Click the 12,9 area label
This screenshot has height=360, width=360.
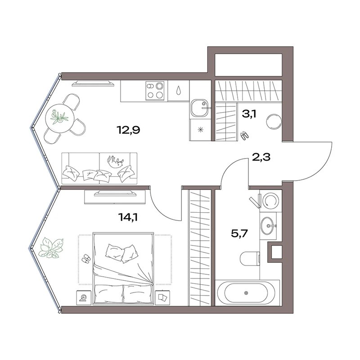coord(128,130)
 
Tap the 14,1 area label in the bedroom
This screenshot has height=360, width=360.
coord(128,217)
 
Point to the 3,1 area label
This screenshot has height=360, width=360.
coord(249,114)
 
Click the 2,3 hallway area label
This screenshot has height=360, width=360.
coord(261,157)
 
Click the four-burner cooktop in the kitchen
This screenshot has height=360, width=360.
coord(155,91)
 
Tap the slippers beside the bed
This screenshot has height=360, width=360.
coord(86,258)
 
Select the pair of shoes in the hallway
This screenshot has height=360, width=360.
coord(244,136)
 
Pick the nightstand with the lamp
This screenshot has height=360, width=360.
coord(84,298)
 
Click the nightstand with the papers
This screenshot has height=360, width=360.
coord(162,298)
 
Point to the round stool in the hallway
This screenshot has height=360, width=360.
coord(274,122)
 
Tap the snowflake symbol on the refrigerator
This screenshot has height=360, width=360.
coord(201,130)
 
